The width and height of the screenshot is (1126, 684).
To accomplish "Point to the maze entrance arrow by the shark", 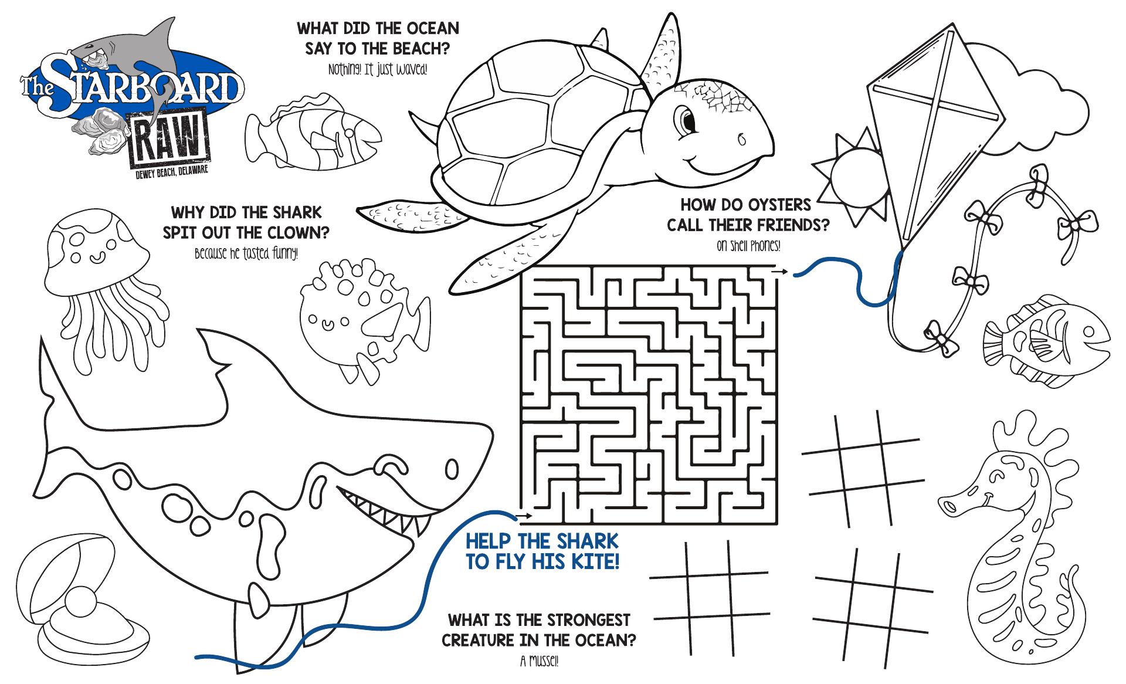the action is click(x=524, y=516).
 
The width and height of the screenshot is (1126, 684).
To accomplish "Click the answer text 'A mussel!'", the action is click(x=539, y=662).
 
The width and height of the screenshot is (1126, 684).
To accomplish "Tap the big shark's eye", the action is click(x=452, y=469).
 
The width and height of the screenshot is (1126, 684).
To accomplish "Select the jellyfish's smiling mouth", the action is click(x=94, y=256).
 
